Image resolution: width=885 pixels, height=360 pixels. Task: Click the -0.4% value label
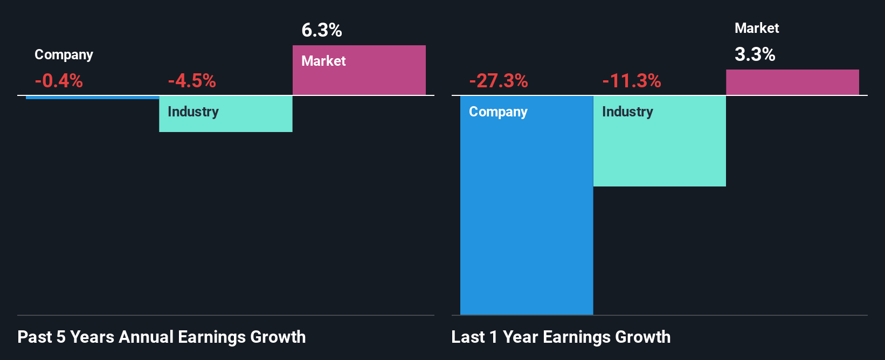[x=59, y=81]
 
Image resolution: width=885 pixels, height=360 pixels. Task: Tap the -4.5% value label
[x=192, y=81]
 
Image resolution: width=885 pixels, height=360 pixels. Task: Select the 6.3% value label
[x=322, y=30]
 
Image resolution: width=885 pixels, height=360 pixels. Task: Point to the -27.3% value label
[x=499, y=81]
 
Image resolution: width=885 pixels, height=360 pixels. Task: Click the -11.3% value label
[x=632, y=81]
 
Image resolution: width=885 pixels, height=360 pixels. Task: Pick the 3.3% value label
[x=755, y=54]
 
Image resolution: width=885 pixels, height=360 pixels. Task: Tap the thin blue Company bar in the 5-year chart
[x=92, y=98]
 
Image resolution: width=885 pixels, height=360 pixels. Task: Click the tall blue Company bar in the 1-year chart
[x=527, y=216]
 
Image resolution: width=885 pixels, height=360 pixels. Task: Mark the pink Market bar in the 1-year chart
[x=792, y=82]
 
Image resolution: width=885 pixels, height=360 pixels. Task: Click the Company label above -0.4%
[x=64, y=55]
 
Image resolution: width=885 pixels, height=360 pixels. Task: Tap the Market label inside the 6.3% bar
[x=323, y=61]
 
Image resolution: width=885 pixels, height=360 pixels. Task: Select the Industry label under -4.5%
[x=193, y=112]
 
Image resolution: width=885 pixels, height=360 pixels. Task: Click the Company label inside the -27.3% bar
[x=498, y=112]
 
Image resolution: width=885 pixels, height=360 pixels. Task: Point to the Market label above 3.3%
[x=757, y=28]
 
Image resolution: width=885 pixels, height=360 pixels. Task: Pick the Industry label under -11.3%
[x=627, y=112]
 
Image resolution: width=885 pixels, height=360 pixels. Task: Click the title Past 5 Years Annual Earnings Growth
[x=162, y=337]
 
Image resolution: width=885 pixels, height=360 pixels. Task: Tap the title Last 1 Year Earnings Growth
[x=561, y=337]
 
